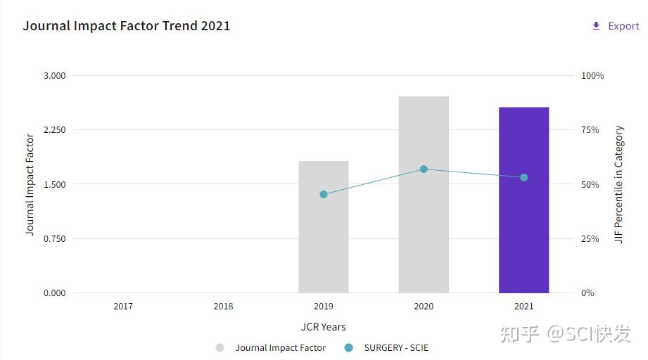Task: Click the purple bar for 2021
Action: [523, 200]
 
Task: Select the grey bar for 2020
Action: [424, 195]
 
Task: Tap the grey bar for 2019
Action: [323, 227]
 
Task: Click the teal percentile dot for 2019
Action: [324, 194]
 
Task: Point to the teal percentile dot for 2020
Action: [424, 169]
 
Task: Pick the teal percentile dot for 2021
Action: [523, 177]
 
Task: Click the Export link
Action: [623, 26]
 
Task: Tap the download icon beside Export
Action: [596, 26]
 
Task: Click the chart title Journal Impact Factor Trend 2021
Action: [127, 26]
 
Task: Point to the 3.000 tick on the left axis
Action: [54, 75]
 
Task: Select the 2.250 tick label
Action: [54, 130]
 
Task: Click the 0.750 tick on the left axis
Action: [54, 239]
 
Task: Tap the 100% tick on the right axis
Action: [592, 75]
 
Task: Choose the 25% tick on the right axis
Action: [590, 239]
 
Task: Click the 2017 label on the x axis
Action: [123, 307]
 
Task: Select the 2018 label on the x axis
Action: [223, 307]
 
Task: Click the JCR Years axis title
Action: [323, 327]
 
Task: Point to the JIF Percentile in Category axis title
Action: [619, 184]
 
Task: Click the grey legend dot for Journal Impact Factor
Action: [220, 347]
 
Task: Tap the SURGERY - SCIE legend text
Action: [396, 347]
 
